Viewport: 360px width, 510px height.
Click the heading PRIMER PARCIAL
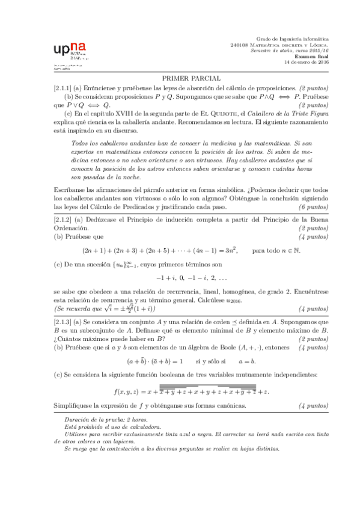pyautogui.click(x=191, y=78)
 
